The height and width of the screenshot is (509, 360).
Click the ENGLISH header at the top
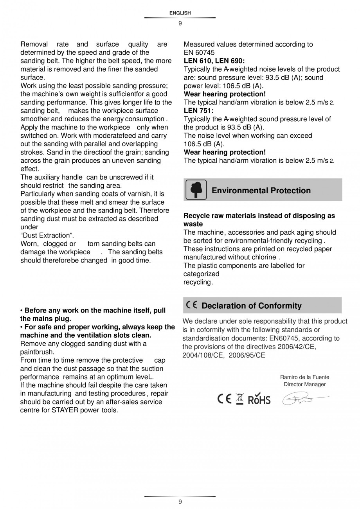(x=180, y=13)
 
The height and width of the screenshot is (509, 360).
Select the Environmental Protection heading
(x=261, y=191)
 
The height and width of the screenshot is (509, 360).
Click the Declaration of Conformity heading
(x=252, y=306)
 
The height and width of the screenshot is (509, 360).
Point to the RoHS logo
(x=259, y=399)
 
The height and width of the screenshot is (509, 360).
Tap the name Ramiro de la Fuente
(x=304, y=377)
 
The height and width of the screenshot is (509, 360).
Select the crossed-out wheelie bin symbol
(x=240, y=399)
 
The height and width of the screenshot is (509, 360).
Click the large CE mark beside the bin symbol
(x=224, y=399)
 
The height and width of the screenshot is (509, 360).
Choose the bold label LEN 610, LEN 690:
(x=214, y=61)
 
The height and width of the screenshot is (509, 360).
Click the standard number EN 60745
(x=199, y=52)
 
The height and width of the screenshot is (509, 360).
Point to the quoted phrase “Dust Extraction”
(x=47, y=236)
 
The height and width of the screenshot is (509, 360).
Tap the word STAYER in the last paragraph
(x=65, y=410)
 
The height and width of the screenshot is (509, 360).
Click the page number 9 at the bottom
(x=180, y=502)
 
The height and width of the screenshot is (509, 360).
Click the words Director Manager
(x=304, y=384)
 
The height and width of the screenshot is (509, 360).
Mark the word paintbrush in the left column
(x=36, y=352)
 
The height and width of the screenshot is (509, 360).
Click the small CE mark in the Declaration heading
(x=192, y=305)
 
